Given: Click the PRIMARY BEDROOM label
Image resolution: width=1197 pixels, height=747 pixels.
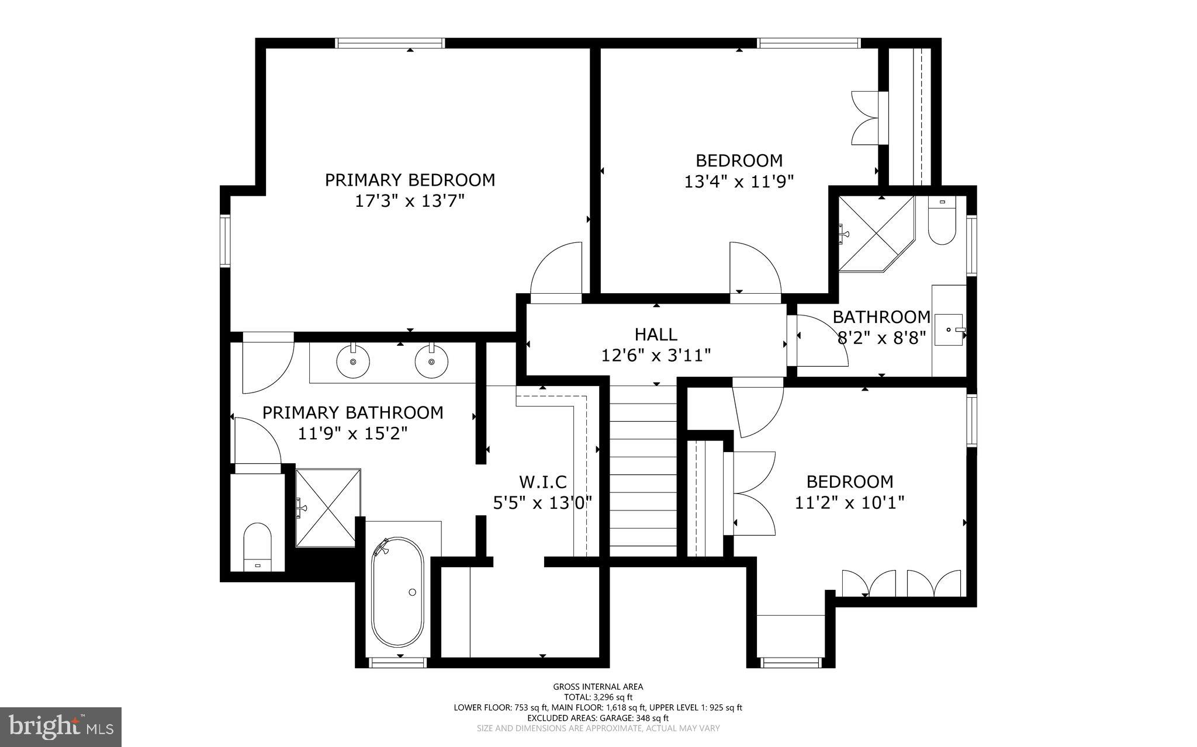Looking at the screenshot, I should [x=410, y=180].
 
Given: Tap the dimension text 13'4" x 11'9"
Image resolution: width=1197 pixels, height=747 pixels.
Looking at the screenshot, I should [x=739, y=182].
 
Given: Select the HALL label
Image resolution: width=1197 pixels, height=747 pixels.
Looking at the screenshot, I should [x=656, y=335].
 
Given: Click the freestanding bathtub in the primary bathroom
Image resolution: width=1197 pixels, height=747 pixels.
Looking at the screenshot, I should [x=397, y=591].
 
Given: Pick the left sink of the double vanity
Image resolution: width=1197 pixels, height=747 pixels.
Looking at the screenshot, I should [x=353, y=362].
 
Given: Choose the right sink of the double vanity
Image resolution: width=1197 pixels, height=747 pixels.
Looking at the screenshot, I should [x=431, y=362].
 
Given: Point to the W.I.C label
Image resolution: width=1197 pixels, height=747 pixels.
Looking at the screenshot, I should [x=543, y=482].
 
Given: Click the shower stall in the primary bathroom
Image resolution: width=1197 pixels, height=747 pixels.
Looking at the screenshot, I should [x=328, y=508].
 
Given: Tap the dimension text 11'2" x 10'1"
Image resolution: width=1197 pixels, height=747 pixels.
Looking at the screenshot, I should [x=850, y=502].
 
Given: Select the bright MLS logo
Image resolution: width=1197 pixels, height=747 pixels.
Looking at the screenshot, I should [x=60, y=727].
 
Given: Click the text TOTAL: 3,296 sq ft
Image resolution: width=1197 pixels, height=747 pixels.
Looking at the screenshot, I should [x=598, y=697].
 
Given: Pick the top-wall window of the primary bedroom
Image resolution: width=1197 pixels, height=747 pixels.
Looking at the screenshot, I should [x=390, y=43].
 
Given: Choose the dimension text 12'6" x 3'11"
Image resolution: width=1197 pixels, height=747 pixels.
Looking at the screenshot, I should [x=656, y=355].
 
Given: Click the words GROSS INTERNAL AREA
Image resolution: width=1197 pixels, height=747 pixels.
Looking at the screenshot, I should [x=598, y=687].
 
